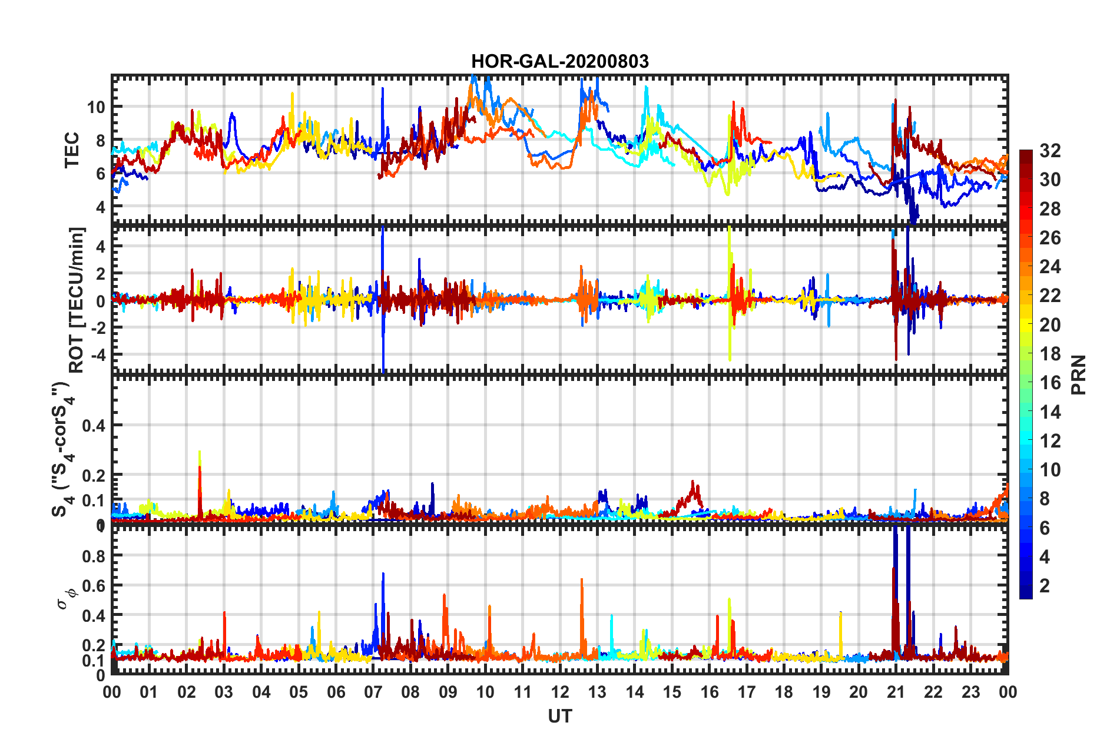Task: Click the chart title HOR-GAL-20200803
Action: click(559, 61)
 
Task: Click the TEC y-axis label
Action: click(72, 150)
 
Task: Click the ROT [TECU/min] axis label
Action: click(77, 300)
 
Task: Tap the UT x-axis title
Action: click(559, 716)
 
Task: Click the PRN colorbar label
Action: click(1079, 375)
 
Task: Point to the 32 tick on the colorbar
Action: click(1050, 151)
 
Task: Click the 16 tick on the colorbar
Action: click(1050, 383)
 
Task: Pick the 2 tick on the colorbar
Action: click(1045, 585)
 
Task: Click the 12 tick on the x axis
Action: click(560, 692)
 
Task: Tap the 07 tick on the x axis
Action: click(373, 692)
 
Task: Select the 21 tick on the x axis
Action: click(896, 692)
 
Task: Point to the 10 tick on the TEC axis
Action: click(95, 107)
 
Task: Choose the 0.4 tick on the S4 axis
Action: click(94, 425)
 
